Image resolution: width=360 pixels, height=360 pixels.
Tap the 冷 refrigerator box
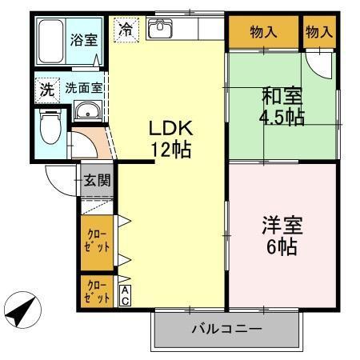126,29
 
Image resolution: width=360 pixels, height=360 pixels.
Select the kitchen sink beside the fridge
161,29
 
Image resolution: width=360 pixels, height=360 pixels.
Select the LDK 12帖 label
169,138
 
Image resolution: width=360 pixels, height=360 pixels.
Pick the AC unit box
126,295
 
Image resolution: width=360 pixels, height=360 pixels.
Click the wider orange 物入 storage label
262,32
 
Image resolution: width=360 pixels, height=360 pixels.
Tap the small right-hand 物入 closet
318,32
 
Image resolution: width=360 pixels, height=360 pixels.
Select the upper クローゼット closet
98,240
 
